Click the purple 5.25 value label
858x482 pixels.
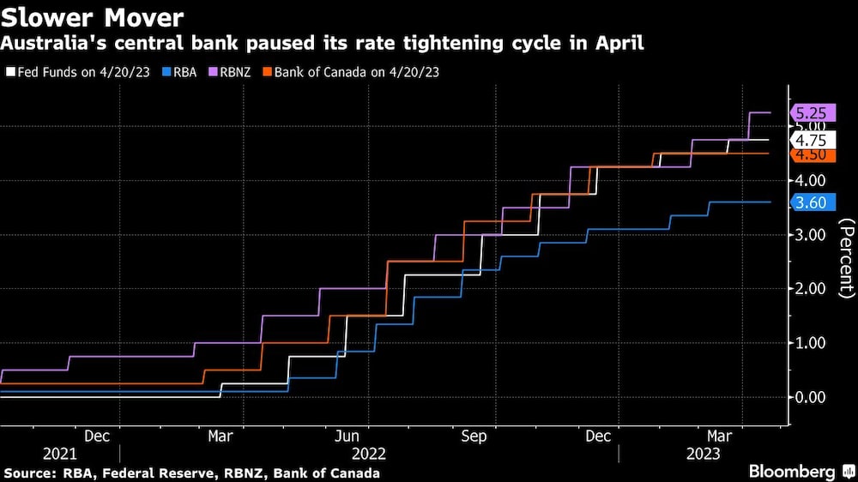pos(810,112)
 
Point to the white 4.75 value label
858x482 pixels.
pos(810,140)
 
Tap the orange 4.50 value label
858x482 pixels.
pos(810,154)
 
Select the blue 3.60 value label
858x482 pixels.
pos(810,202)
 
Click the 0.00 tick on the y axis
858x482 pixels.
pos(810,397)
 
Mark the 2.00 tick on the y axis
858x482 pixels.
pos(810,289)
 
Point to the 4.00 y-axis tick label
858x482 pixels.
pos(810,180)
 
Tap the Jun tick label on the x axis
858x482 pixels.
pos(347,437)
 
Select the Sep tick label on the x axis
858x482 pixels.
pos(474,437)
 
